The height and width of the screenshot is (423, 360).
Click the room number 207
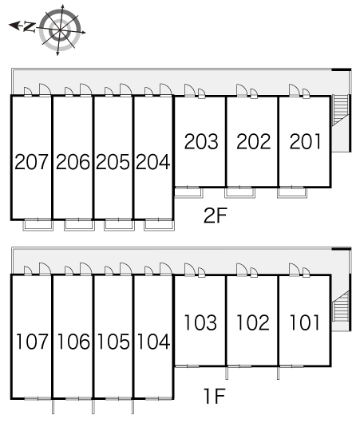[x=31, y=162]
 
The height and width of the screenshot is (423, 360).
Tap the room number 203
[x=201, y=141]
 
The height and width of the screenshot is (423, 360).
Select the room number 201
[x=306, y=141]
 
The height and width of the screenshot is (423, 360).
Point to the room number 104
[x=154, y=342]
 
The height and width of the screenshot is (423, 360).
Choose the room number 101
[x=305, y=322]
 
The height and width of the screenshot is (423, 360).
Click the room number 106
[x=73, y=342]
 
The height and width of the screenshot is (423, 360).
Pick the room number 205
[x=113, y=162]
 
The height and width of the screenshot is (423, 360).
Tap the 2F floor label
[x=215, y=215]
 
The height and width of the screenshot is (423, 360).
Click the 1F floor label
[x=215, y=396]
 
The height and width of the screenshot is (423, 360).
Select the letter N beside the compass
[x=30, y=27]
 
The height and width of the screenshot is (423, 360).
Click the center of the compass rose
[x=60, y=30]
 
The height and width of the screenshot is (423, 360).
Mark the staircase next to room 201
[x=340, y=110]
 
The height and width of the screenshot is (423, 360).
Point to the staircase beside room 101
[x=340, y=306]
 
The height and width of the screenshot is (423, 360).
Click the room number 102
[x=252, y=322]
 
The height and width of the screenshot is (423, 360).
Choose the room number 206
[x=73, y=162]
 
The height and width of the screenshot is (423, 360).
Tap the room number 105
[x=113, y=342]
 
